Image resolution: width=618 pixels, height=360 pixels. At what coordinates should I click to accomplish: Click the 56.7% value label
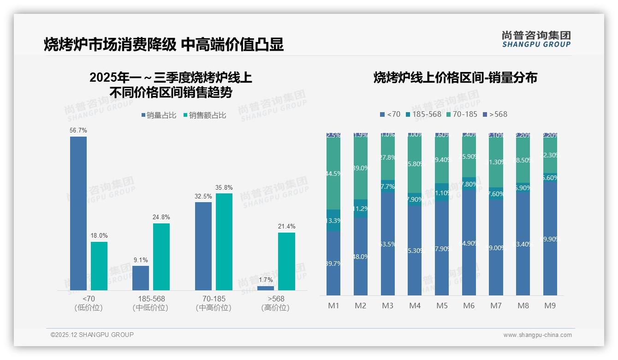point(78,131)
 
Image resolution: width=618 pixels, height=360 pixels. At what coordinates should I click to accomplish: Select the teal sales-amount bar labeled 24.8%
point(161,257)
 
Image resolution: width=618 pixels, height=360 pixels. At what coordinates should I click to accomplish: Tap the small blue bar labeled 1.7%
point(266,288)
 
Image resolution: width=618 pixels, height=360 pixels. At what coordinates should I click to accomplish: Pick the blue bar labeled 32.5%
point(203,246)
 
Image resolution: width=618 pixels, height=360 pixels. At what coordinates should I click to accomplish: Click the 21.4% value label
point(287,227)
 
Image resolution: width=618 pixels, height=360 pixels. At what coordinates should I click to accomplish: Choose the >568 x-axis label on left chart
point(276,299)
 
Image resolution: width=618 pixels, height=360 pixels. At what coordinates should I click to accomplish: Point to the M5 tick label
point(442,306)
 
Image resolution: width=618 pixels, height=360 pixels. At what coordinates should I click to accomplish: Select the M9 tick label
point(550,306)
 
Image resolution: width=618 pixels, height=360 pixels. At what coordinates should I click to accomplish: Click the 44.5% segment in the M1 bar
point(333,174)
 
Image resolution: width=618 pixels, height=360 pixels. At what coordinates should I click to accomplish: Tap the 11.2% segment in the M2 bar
point(361,209)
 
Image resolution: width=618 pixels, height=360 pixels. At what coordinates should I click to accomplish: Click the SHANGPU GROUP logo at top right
point(536,39)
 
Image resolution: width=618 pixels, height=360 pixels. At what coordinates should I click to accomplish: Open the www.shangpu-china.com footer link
point(537,335)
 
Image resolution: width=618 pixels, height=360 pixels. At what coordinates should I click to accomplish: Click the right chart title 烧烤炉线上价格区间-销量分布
point(455,78)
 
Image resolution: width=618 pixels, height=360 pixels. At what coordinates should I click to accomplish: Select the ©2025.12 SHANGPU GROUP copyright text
point(92,335)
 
